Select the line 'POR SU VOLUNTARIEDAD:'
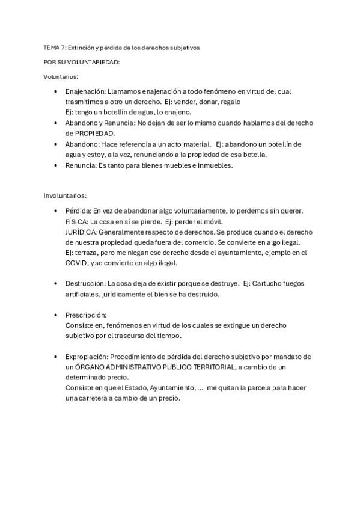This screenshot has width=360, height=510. click(82, 62)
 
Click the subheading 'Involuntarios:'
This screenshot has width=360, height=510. click(65, 195)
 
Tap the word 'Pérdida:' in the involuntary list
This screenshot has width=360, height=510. click(78, 210)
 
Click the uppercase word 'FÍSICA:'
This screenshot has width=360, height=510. click(76, 221)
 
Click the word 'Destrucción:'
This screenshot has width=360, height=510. click(85, 283)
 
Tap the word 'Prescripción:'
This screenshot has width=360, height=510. click(86, 315)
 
